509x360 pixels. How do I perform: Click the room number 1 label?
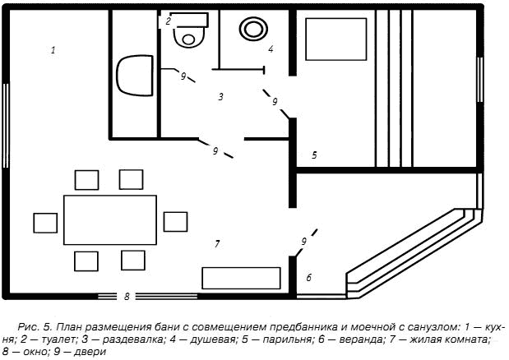pos(53,51)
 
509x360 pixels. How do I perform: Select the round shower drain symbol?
pos(252,27)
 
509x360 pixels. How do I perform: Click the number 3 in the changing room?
pos(220,97)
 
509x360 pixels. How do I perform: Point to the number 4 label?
pos(270,49)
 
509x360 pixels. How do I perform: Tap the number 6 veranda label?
pos(309,278)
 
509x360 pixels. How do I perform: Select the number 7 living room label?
pos(216,243)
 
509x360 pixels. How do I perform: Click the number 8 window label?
pos(127,295)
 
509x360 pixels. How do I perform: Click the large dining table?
pos(110,221)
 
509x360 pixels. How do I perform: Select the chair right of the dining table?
pos(175,222)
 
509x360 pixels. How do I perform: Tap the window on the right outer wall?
pos(479,85)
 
